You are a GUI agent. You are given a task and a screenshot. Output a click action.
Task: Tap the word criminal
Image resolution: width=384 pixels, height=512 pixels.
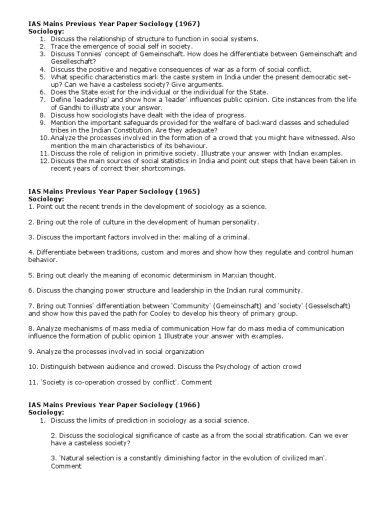pos(235,237)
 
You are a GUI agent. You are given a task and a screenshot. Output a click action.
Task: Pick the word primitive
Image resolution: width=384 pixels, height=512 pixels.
pos(151,153)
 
